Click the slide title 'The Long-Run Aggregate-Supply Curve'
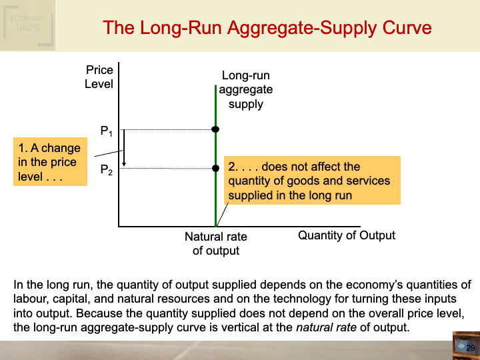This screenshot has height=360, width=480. pos(267,28)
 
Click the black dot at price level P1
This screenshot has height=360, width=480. pos(215,129)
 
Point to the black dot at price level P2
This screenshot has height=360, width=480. pos(215,168)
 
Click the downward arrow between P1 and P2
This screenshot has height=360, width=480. pos(124,148)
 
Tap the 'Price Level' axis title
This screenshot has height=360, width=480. pos(99,77)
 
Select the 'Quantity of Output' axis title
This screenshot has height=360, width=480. pos(347,235)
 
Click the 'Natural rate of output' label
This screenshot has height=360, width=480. pos(215,243)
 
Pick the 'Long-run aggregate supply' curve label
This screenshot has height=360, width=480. pos(246,90)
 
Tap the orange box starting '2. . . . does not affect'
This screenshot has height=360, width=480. pos(312,181)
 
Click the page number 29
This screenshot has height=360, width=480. pos(469,348)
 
